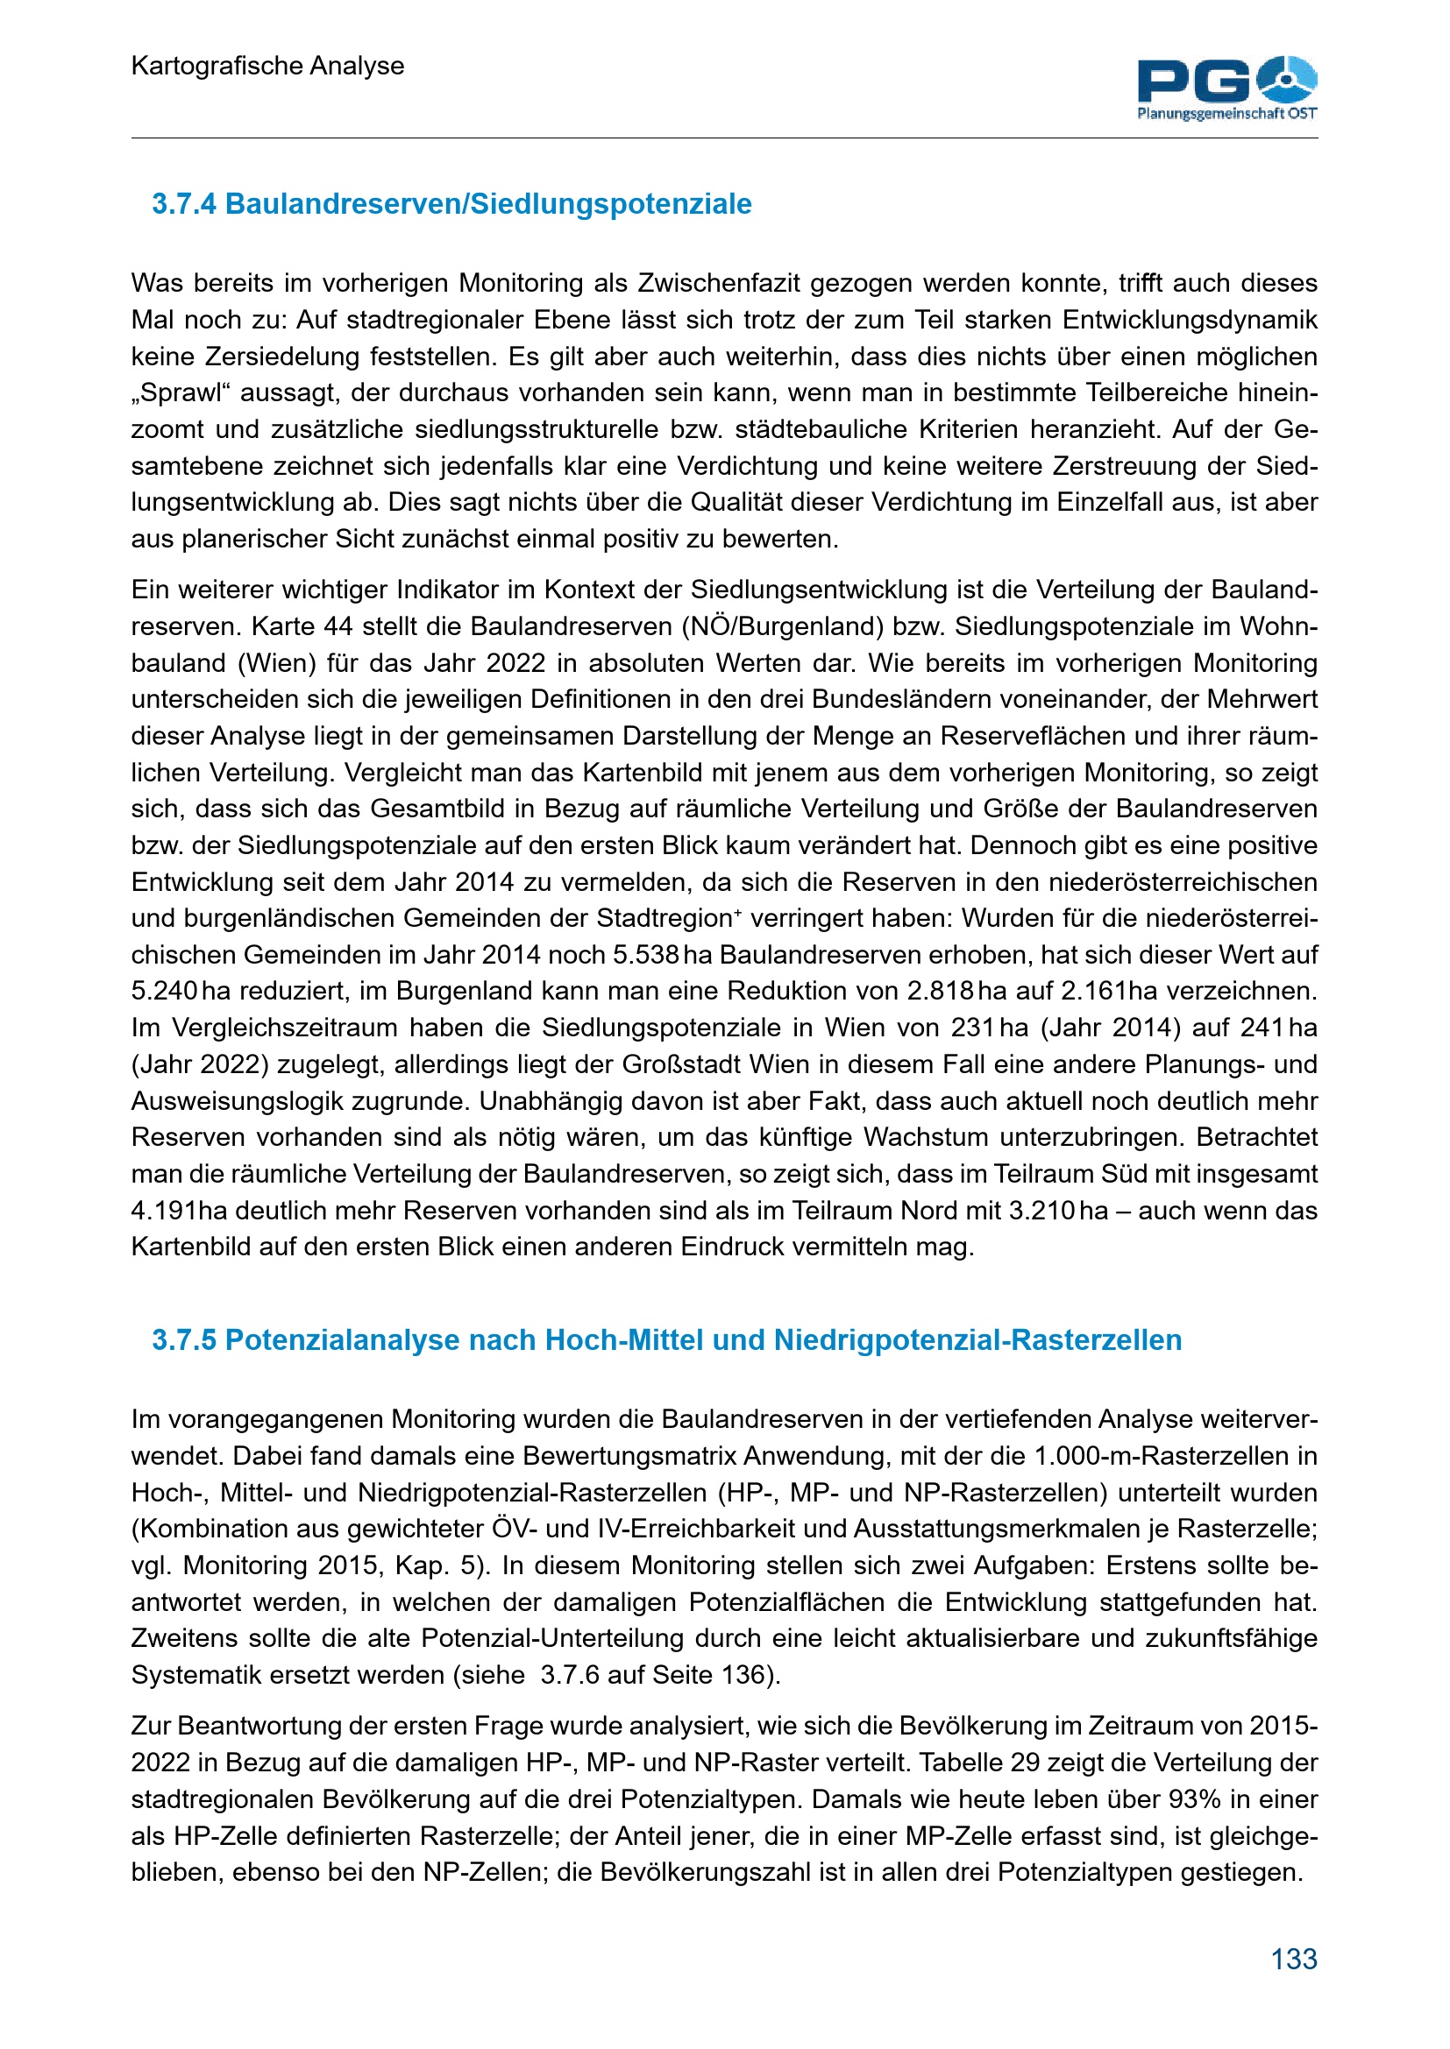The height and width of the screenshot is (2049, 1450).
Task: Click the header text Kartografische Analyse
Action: (267, 66)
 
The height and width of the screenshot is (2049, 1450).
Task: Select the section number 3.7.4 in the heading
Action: (184, 204)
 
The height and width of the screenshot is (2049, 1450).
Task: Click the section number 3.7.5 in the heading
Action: (184, 1340)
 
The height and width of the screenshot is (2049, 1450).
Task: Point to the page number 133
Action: (1294, 1959)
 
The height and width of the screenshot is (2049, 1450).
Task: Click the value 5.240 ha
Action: (176, 992)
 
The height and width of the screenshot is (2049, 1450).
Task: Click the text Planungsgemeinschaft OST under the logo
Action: (1226, 114)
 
